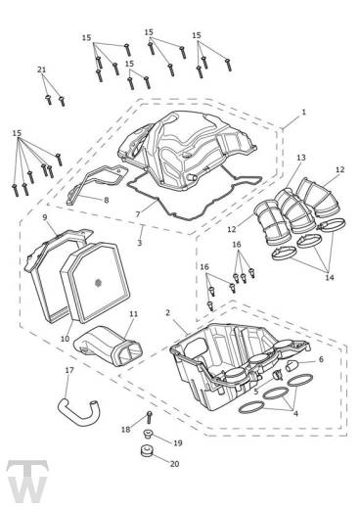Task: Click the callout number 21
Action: pyautogui.click(x=41, y=69)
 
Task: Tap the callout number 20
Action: pyautogui.click(x=175, y=464)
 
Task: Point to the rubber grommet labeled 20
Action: pyautogui.click(x=147, y=451)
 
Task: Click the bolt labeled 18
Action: pyautogui.click(x=150, y=417)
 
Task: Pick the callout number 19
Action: pyautogui.click(x=178, y=443)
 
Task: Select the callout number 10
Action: pyautogui.click(x=66, y=339)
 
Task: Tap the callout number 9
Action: pyautogui.click(x=45, y=217)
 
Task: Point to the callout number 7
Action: pyautogui.click(x=138, y=214)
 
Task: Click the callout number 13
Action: pyautogui.click(x=301, y=158)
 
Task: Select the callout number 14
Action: pyautogui.click(x=330, y=277)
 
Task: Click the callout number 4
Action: pyautogui.click(x=295, y=413)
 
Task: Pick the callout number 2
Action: pyautogui.click(x=167, y=312)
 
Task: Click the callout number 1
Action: pyautogui.click(x=303, y=113)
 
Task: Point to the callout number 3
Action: pyautogui.click(x=140, y=243)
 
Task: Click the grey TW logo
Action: pyautogui.click(x=27, y=481)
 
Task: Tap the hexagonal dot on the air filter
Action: pyautogui.click(x=97, y=283)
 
